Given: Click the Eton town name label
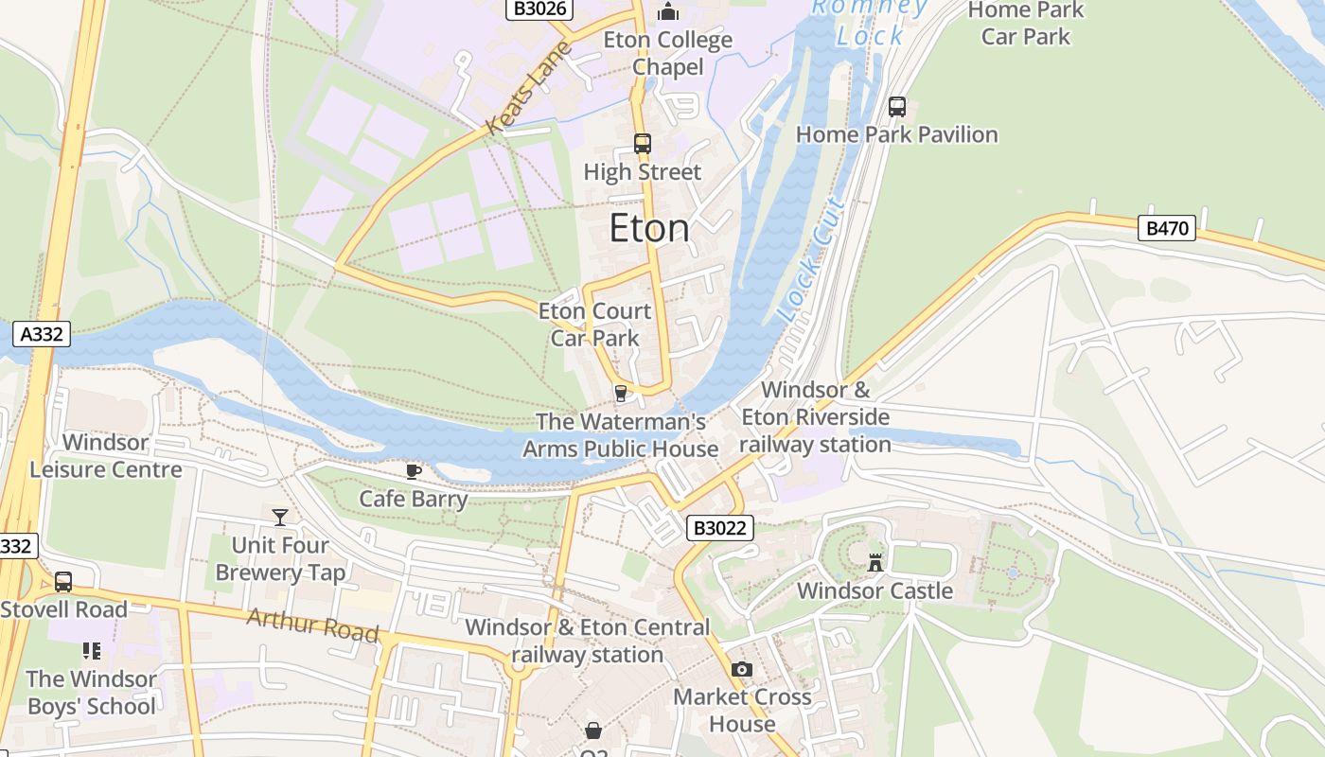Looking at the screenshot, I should coord(649,229).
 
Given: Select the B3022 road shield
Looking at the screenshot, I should coord(719,528).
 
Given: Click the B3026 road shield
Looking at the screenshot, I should coord(539,9).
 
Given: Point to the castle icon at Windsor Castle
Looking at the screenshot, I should coord(875,562).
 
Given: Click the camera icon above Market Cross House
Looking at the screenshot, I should coord(742,670).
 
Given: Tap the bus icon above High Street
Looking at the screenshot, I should coord(643,144).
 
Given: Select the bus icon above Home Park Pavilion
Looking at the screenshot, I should coord(896,107).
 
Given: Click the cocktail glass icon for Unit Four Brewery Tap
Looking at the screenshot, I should coord(280,517).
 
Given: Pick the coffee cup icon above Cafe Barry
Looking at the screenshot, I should coord(414,471).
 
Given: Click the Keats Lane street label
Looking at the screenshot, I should coord(530,87).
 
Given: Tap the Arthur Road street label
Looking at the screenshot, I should coord(312,625).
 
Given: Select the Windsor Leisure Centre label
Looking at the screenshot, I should coord(106,456).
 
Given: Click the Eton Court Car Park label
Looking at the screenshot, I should coord(594,325).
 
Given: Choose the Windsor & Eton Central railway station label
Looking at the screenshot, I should coord(587,641).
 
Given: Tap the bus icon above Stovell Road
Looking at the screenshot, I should coord(63,581).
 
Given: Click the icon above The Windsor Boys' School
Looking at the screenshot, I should coord(92,651).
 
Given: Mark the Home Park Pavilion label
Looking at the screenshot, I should coord(896,134).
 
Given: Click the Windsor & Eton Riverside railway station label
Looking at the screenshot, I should coord(815,417).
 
